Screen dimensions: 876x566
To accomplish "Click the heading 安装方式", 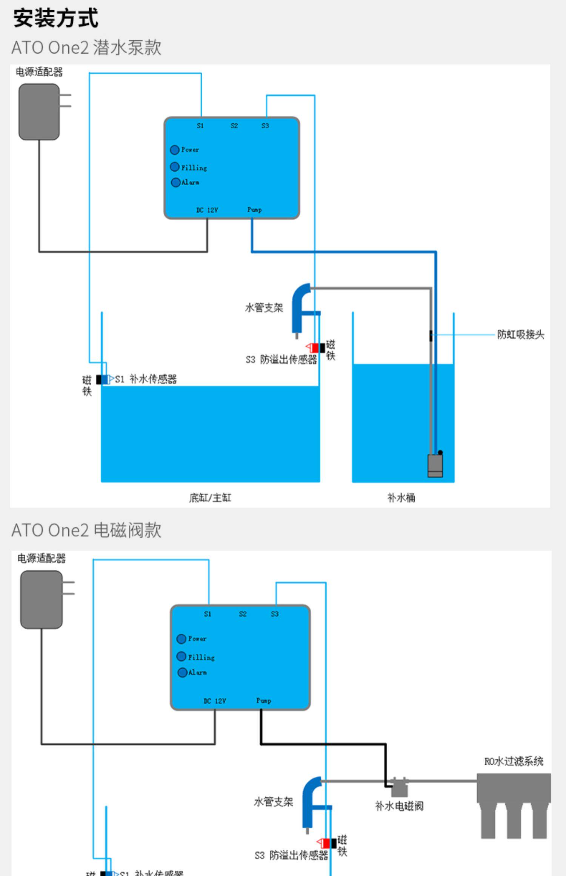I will pyautogui.click(x=56, y=18).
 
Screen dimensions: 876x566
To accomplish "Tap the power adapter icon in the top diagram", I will pyautogui.click(x=39, y=112).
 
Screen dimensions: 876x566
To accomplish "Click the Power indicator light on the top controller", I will pyautogui.click(x=174, y=150).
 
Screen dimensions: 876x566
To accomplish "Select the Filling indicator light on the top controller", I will pyautogui.click(x=174, y=167).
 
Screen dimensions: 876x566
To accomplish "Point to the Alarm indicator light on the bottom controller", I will pyautogui.click(x=182, y=672).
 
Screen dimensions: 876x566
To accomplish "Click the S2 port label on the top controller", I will pyautogui.click(x=234, y=126).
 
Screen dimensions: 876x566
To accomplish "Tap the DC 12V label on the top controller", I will pyautogui.click(x=207, y=210).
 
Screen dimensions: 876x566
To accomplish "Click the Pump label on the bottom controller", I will pyautogui.click(x=264, y=701).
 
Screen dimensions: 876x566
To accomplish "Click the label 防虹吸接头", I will pyautogui.click(x=520, y=334).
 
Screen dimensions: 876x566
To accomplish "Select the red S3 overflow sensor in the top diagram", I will pyautogui.click(x=314, y=347).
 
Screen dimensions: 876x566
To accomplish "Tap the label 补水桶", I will pyautogui.click(x=401, y=498).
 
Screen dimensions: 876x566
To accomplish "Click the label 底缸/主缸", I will pyautogui.click(x=210, y=498).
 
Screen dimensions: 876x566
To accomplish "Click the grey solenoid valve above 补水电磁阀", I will pyautogui.click(x=399, y=787).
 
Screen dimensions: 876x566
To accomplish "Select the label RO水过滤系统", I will pyautogui.click(x=514, y=761).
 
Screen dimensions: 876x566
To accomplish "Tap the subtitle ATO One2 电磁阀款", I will pyautogui.click(x=86, y=530).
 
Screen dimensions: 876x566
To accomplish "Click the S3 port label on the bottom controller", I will pyautogui.click(x=275, y=614).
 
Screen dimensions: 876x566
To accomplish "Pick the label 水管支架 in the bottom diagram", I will pyautogui.click(x=274, y=801).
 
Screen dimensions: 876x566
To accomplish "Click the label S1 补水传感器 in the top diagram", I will pyautogui.click(x=146, y=379).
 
